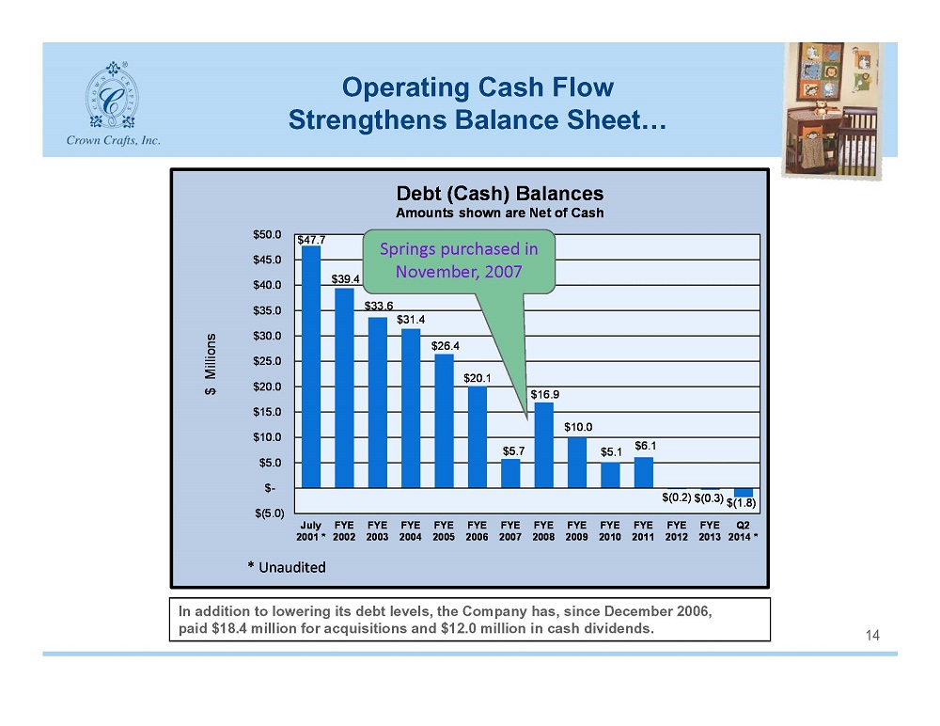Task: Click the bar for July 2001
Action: pyautogui.click(x=310, y=367)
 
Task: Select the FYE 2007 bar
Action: pyautogui.click(x=510, y=473)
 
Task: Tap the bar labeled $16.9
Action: pyautogui.click(x=543, y=445)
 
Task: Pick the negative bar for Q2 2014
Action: pyautogui.click(x=744, y=493)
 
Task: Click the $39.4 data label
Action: pyautogui.click(x=345, y=279)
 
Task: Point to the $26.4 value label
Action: pyautogui.click(x=446, y=346)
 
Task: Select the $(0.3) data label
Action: pyautogui.click(x=709, y=498)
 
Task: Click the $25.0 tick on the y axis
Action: pyautogui.click(x=267, y=361)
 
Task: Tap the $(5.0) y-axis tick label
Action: pyautogui.click(x=269, y=513)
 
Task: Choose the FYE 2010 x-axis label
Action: pyautogui.click(x=610, y=531)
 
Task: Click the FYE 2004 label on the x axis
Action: pyautogui.click(x=411, y=531)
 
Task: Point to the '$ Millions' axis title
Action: pyautogui.click(x=211, y=364)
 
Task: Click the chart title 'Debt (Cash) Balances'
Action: pyautogui.click(x=499, y=193)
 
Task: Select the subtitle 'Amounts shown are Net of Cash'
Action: pyautogui.click(x=499, y=213)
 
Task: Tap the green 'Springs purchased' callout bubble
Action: pyautogui.click(x=459, y=261)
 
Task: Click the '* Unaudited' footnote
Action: pyautogui.click(x=287, y=567)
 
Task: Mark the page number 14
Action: pyautogui.click(x=872, y=636)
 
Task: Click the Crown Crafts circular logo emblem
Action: pyautogui.click(x=112, y=95)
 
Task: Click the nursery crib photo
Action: pyautogui.click(x=831, y=110)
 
